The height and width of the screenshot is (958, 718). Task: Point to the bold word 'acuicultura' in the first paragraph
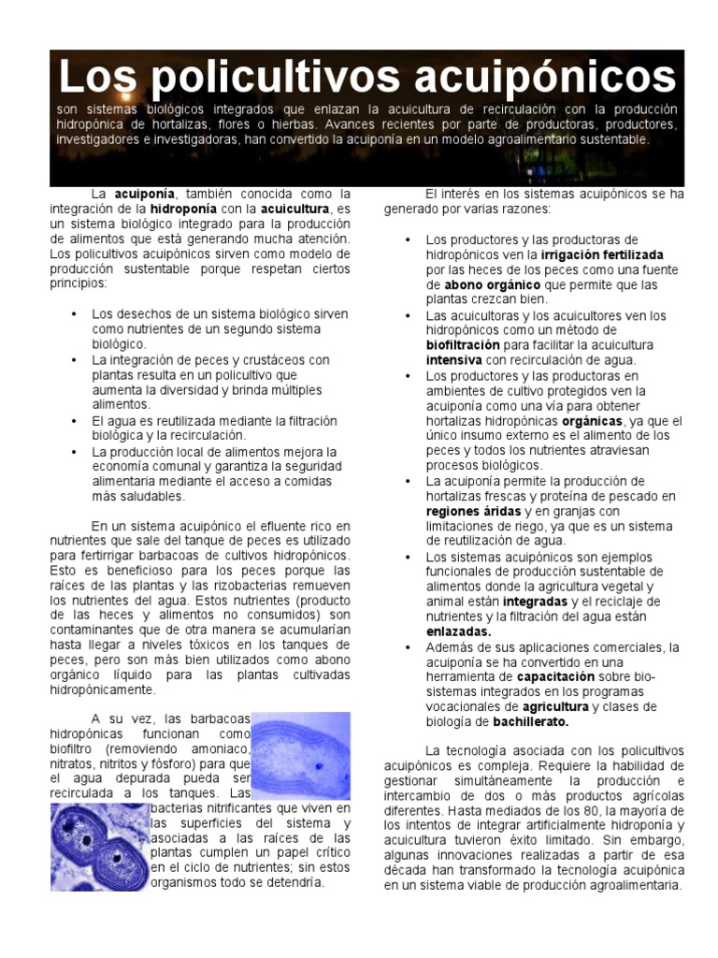pyautogui.click(x=295, y=209)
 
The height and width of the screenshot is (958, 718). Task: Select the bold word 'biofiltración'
pyautogui.click(x=467, y=345)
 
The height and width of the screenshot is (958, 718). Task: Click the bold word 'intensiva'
pyautogui.click(x=454, y=360)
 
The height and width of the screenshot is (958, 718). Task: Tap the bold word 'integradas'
pyautogui.click(x=535, y=602)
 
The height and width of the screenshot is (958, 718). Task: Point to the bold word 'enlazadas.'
pyautogui.click(x=458, y=631)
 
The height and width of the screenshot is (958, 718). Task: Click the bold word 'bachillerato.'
pyautogui.click(x=531, y=721)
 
